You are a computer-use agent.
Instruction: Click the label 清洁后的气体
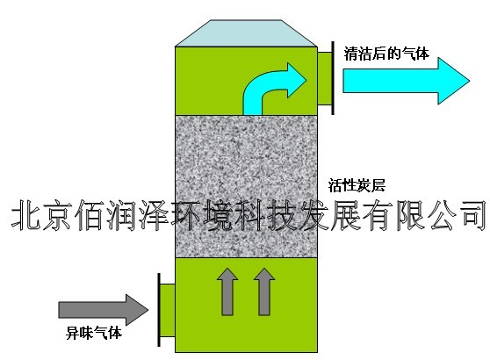pos(386,54)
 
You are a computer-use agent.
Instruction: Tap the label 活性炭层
pos(357,185)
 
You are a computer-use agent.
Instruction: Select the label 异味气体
pos(94,333)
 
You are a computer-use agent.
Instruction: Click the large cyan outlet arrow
pos(407,81)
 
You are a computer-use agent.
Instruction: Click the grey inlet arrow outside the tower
pos(104,310)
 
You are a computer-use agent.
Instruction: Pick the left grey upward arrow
pos(227,292)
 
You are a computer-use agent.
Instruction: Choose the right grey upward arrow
pos(264,292)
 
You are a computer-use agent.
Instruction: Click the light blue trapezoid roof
pos(246,33)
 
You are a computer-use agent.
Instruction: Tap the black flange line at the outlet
pos(333,78)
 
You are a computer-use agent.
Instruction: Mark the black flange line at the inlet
pos(159,310)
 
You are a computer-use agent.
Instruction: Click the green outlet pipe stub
pos(324,78)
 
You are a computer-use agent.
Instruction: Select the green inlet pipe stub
pos(168,310)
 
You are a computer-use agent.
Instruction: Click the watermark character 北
pos(26,216)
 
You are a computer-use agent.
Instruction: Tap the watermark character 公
pos(441,216)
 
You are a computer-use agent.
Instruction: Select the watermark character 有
pos(378,216)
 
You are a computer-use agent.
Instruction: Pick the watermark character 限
pos(410,216)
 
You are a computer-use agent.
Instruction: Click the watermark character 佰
pos(90,216)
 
